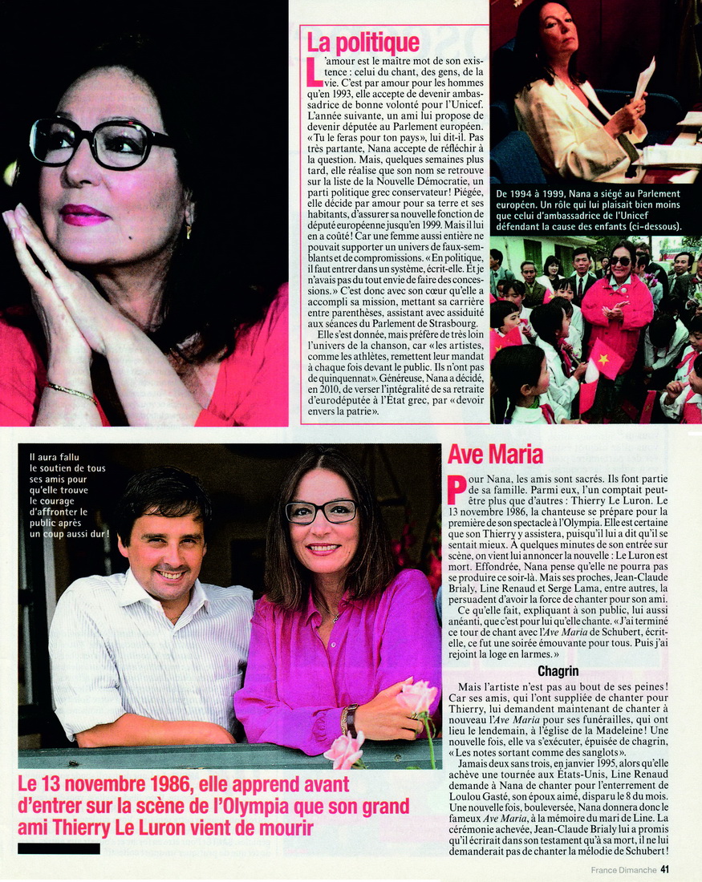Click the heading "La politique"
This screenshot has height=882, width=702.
(363, 42)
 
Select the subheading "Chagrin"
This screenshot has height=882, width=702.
(559, 670)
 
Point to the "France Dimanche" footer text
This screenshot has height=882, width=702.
(623, 869)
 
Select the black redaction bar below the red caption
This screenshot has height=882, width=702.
(59, 848)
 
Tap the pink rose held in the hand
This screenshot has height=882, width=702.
(416, 696)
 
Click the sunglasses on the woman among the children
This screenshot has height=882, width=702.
(620, 261)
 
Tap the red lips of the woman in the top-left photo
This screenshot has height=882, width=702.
(83, 214)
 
